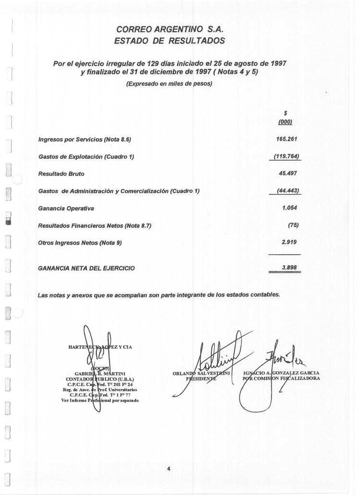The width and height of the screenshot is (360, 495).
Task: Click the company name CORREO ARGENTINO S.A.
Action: (x=170, y=29)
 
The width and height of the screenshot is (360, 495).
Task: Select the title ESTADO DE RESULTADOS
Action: (x=169, y=41)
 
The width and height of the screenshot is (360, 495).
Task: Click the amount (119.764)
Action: (x=287, y=156)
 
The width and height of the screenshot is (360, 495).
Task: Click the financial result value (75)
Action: (x=293, y=225)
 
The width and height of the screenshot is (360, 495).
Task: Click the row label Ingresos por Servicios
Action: (x=84, y=140)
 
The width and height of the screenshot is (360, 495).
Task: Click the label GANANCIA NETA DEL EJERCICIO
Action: (x=86, y=268)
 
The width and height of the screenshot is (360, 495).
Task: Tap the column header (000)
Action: (x=285, y=122)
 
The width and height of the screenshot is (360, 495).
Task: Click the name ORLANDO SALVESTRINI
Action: (x=202, y=373)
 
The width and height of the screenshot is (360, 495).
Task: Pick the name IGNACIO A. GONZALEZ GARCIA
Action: (x=281, y=373)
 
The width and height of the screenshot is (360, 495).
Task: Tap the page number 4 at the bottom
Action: (x=169, y=469)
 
